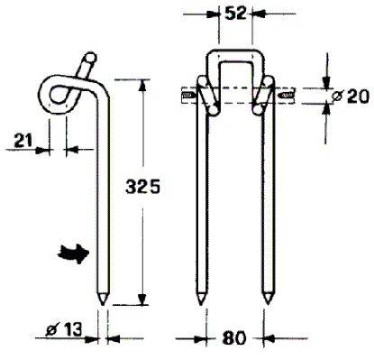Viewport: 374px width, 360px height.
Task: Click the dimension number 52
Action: tap(235, 14)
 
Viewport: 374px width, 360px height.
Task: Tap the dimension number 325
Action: tap(142, 187)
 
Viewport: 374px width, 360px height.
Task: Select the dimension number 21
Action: tap(23, 141)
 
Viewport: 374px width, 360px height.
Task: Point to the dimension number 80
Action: tap(234, 338)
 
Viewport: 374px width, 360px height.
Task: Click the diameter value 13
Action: tap(73, 329)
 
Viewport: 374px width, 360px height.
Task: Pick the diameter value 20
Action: tap(358, 97)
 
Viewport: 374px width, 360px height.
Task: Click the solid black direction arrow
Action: tap(73, 254)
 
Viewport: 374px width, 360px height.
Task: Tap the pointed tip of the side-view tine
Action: tap(103, 304)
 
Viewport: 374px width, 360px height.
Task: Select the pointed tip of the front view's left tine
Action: tap(201, 304)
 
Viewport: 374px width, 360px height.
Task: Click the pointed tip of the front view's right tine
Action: tap(268, 304)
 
